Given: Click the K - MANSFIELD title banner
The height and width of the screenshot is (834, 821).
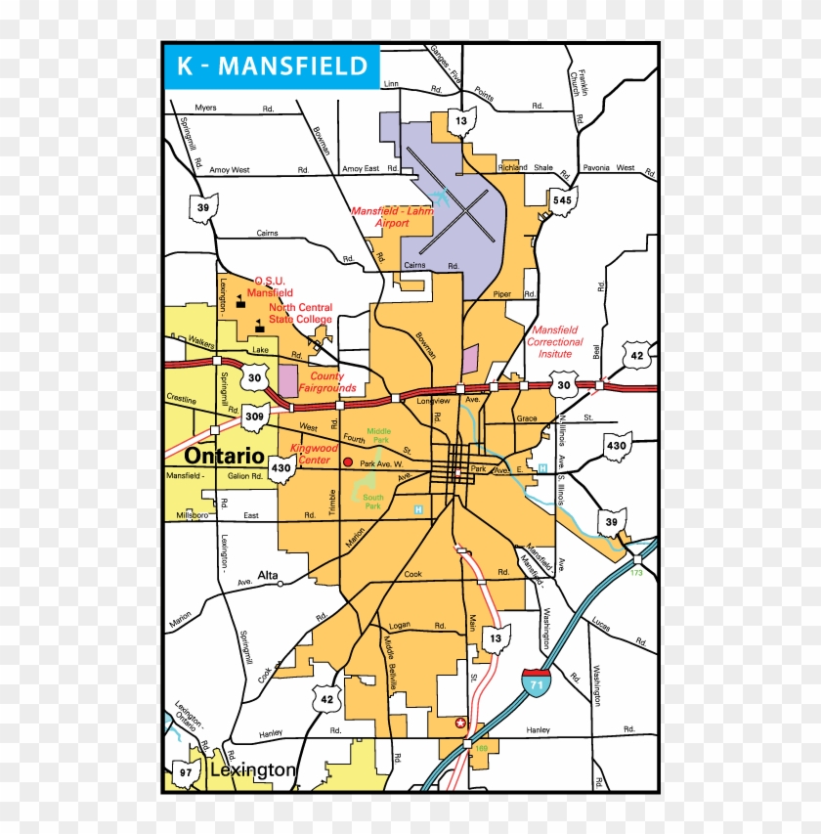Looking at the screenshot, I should (271, 67).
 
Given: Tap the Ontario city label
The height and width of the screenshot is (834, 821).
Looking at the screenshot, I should (224, 457).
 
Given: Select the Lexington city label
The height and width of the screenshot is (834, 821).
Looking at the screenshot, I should (252, 770).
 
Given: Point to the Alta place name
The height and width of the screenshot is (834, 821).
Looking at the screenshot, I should (268, 575).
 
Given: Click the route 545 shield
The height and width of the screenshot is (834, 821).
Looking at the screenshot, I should (562, 200).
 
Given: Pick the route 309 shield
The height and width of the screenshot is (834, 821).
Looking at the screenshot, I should (255, 417).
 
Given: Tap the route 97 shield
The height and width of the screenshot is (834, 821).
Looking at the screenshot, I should (184, 772).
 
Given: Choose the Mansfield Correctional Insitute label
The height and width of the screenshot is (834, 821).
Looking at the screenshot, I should (555, 341).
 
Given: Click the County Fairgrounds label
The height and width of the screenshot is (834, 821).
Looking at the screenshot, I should (326, 382).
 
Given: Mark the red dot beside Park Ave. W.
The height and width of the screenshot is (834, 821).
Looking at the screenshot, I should (348, 461).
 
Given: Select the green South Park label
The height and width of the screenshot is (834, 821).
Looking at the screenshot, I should (372, 502).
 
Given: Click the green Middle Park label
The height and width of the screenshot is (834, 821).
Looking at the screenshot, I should (378, 436).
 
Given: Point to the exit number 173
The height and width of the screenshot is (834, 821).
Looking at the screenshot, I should (638, 573).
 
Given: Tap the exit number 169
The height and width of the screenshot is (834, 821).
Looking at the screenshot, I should (480, 750).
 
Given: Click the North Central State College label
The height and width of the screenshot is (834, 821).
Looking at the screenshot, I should (300, 313).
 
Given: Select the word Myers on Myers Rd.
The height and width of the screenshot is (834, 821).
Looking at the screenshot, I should (205, 108).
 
